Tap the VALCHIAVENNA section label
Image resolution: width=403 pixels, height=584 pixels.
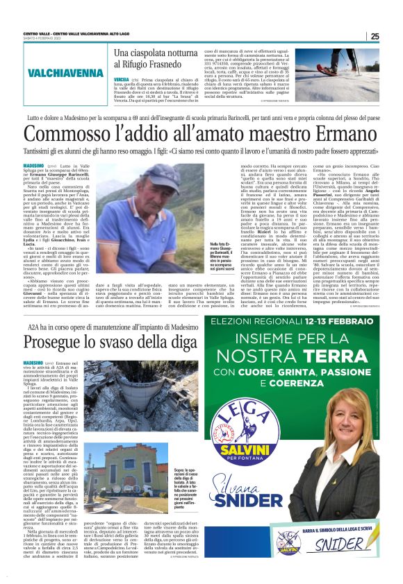(x=66, y=74)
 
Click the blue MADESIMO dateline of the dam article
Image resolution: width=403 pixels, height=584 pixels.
(x=33, y=363)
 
